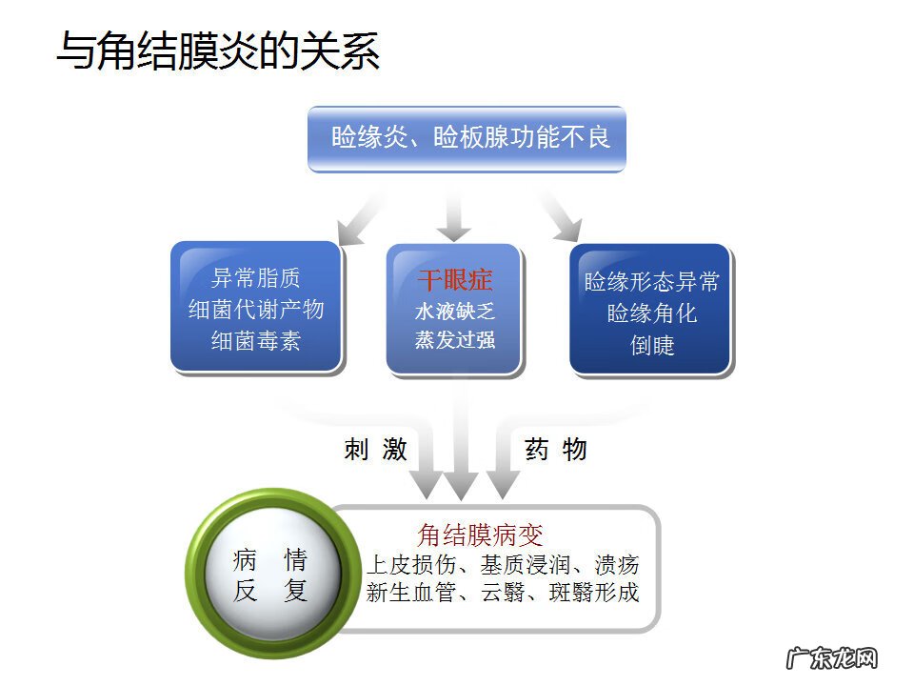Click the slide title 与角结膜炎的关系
[218, 50]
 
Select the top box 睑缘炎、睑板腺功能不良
[467, 138]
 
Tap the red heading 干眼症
[454, 280]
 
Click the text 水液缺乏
[454, 311]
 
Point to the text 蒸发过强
[454, 340]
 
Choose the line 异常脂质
[256, 278]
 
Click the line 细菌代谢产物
[256, 310]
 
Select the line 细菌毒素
[256, 341]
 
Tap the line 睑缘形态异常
[651, 282]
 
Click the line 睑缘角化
[651, 313]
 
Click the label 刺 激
[375, 450]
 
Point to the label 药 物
[555, 450]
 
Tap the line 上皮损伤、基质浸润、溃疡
[503, 563]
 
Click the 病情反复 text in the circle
[270, 575]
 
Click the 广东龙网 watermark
[829, 658]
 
